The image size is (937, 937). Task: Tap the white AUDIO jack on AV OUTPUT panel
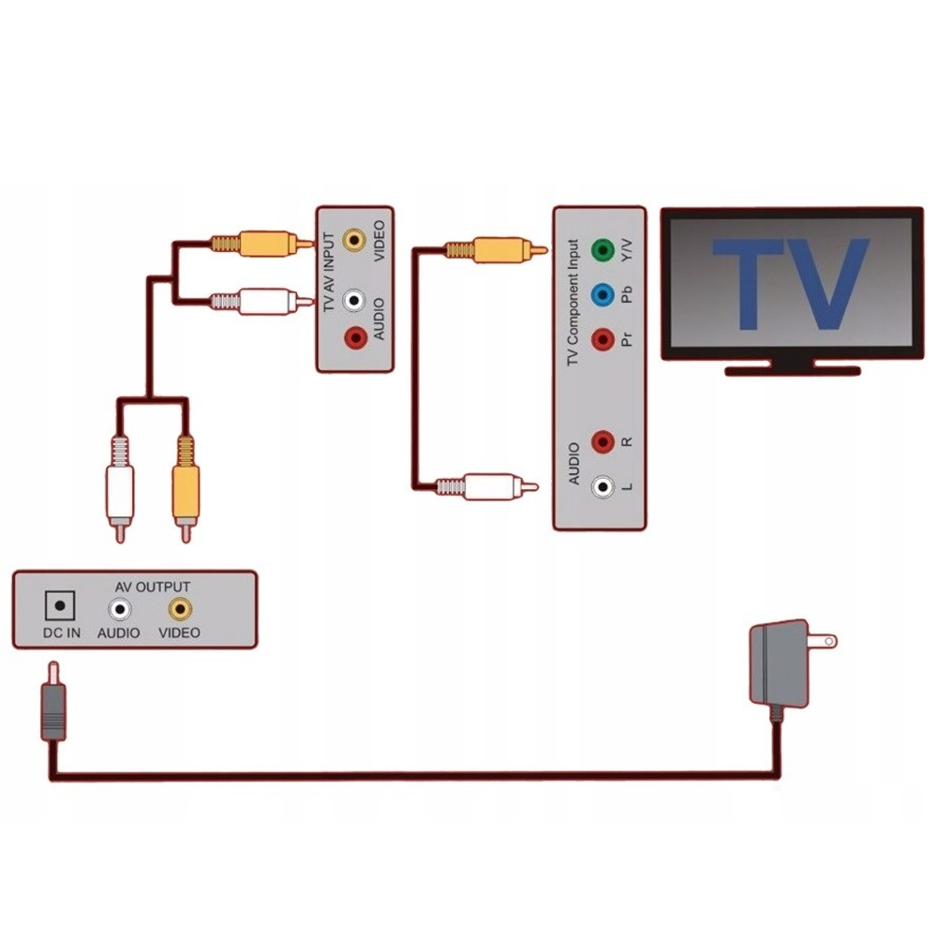pyautogui.click(x=119, y=609)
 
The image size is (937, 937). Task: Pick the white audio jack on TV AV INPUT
pyautogui.click(x=354, y=301)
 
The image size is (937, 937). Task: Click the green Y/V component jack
pyautogui.click(x=602, y=250)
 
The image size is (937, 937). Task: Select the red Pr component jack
pyautogui.click(x=602, y=336)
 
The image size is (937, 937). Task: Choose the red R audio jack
pyautogui.click(x=602, y=439)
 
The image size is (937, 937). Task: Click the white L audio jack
pyautogui.click(x=602, y=486)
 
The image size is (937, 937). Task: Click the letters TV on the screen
pyautogui.click(x=790, y=284)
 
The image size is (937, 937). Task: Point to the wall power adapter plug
pyautogui.click(x=783, y=662)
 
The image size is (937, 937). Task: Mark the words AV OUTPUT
pyautogui.click(x=152, y=587)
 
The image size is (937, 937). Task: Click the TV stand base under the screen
pyautogui.click(x=793, y=370)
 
